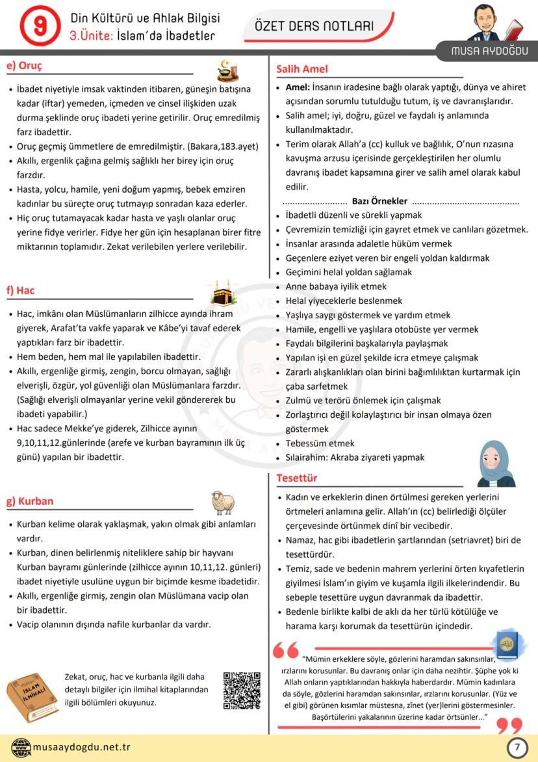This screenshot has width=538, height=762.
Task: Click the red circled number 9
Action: [x=40, y=25]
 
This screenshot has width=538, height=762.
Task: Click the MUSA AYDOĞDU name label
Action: [x=490, y=51]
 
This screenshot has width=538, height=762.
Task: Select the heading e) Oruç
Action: [x=24, y=66]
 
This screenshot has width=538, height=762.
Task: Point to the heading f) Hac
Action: [x=21, y=290]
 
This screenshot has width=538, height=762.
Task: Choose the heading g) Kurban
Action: [x=30, y=501]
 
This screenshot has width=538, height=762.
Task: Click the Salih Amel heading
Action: [x=302, y=69]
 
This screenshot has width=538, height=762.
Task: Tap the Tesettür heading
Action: [x=297, y=478]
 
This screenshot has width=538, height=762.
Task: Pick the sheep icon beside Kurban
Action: [x=222, y=502]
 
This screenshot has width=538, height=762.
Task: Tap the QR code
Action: [x=242, y=690]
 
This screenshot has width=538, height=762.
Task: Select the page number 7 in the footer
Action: [x=517, y=748]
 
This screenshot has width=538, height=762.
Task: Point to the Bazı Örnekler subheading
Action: [x=379, y=201]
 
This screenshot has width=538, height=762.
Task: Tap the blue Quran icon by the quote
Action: [x=506, y=644]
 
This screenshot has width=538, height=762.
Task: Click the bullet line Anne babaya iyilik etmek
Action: [x=336, y=286]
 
